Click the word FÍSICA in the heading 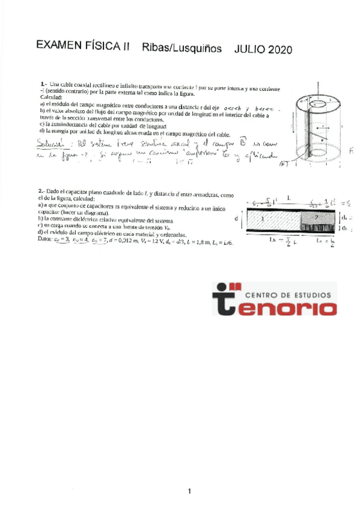coord(106,47)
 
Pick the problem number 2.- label coord(42,191)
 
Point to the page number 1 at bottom coord(189,491)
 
